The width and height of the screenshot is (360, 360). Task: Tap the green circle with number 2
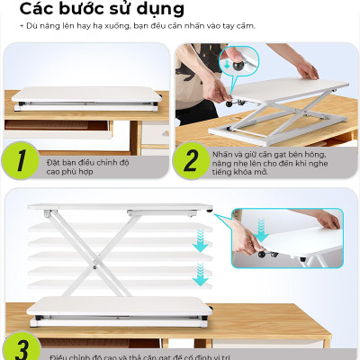pyautogui.click(x=191, y=162)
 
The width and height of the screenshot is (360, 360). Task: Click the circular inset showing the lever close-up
pyautogui.click(x=239, y=61)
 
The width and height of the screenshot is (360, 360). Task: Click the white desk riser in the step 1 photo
pyautogui.click(x=85, y=94)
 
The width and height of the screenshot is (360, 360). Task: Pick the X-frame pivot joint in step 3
pyautogui.click(x=93, y=265)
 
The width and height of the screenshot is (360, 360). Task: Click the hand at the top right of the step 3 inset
pyautogui.click(x=326, y=219)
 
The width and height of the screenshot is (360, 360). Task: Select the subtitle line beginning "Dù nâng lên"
pyautogui.click(x=135, y=25)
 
